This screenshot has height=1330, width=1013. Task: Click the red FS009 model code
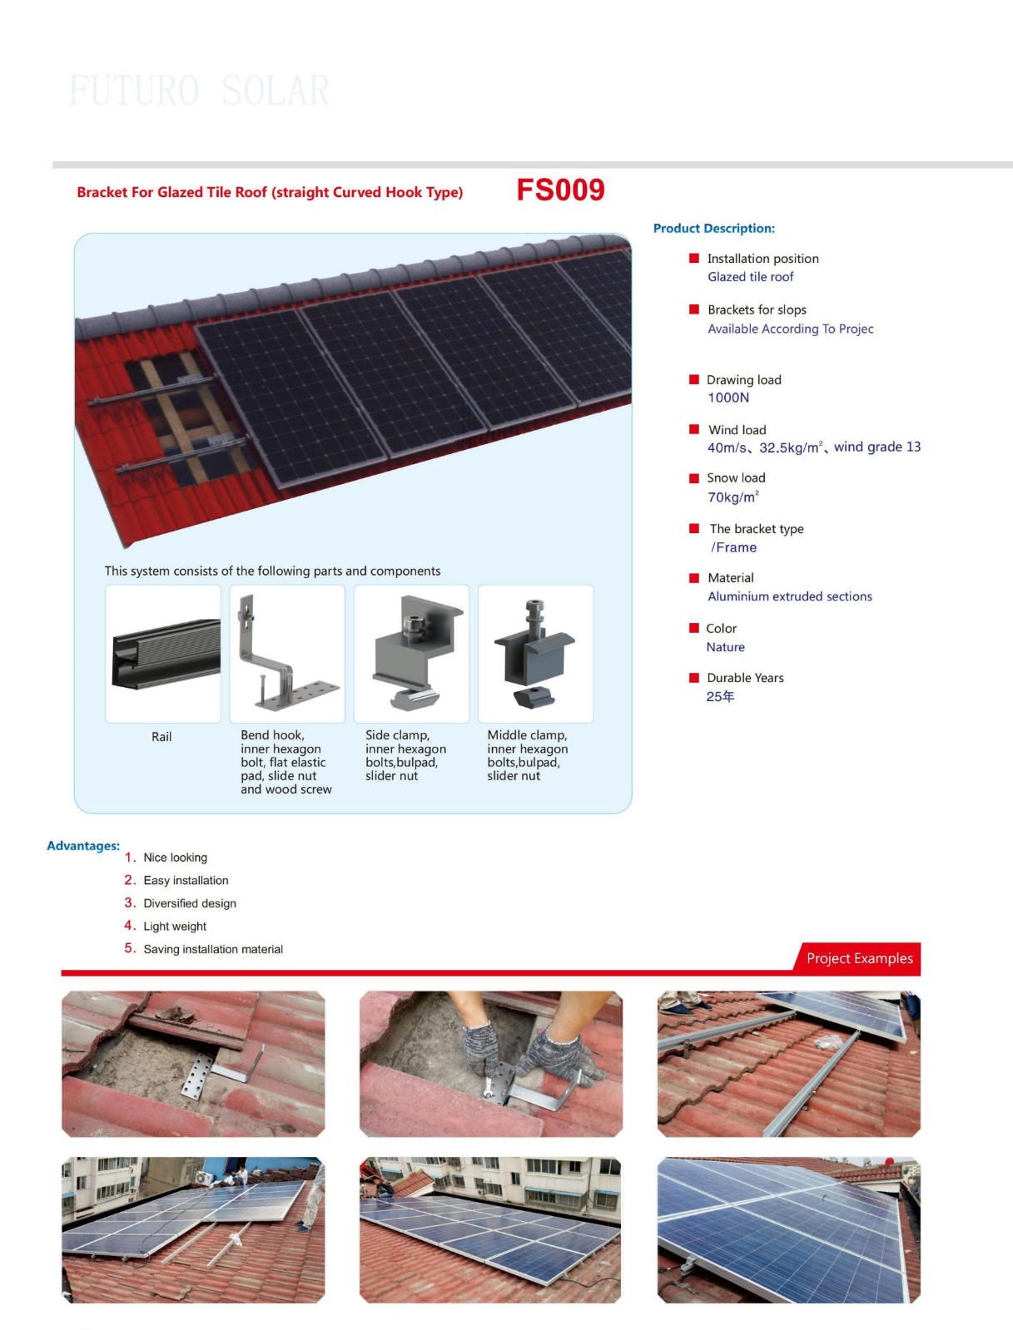pos(560,190)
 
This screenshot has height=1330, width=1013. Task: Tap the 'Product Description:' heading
pos(713,229)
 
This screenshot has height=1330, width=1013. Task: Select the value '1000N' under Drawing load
pos(728,398)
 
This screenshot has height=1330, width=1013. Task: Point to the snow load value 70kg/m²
pos(733,497)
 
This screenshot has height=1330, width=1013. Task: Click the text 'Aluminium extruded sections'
pos(789,596)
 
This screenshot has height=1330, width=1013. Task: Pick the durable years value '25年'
pos(720,696)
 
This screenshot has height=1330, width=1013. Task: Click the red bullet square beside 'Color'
pos(694,628)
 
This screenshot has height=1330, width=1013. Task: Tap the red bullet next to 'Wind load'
pos(694,429)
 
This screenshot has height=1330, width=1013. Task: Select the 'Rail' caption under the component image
pos(161,737)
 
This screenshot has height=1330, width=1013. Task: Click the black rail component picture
pos(166,654)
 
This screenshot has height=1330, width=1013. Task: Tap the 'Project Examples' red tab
pos(859,958)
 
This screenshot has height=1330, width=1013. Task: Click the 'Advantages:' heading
pos(83,846)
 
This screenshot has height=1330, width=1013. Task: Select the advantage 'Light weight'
pos(175,926)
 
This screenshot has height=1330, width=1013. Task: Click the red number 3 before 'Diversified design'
pos(130,902)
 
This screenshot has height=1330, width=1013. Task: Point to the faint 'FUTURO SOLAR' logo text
pos(199,91)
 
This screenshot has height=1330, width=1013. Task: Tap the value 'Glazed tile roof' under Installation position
pos(751,277)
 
